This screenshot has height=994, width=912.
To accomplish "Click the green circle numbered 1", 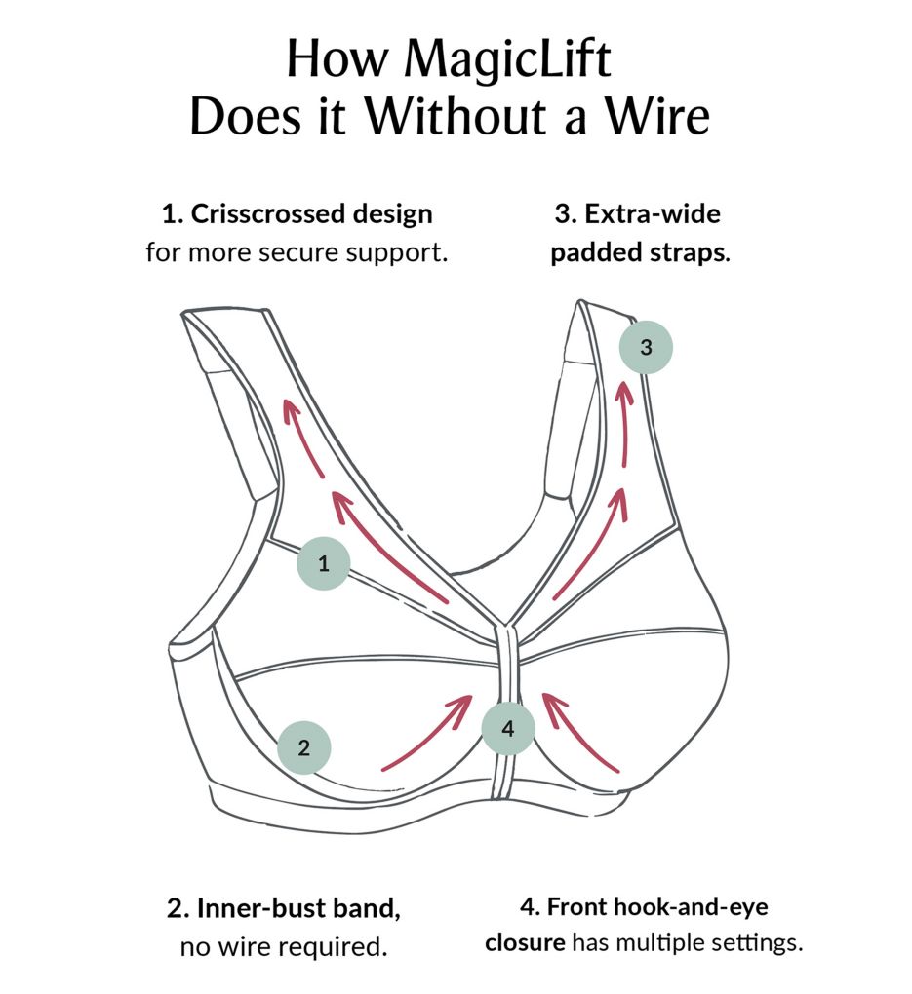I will click(323, 563).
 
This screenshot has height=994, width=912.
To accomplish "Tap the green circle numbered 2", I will click(304, 748).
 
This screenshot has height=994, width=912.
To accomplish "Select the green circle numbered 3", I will click(646, 347).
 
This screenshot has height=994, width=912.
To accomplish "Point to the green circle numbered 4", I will click(508, 728).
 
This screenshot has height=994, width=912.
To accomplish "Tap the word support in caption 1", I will click(397, 252).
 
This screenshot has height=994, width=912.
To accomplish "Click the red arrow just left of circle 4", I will click(429, 733).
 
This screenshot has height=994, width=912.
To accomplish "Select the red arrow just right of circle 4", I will click(580, 731).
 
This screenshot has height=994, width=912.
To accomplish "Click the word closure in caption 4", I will click(526, 944).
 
